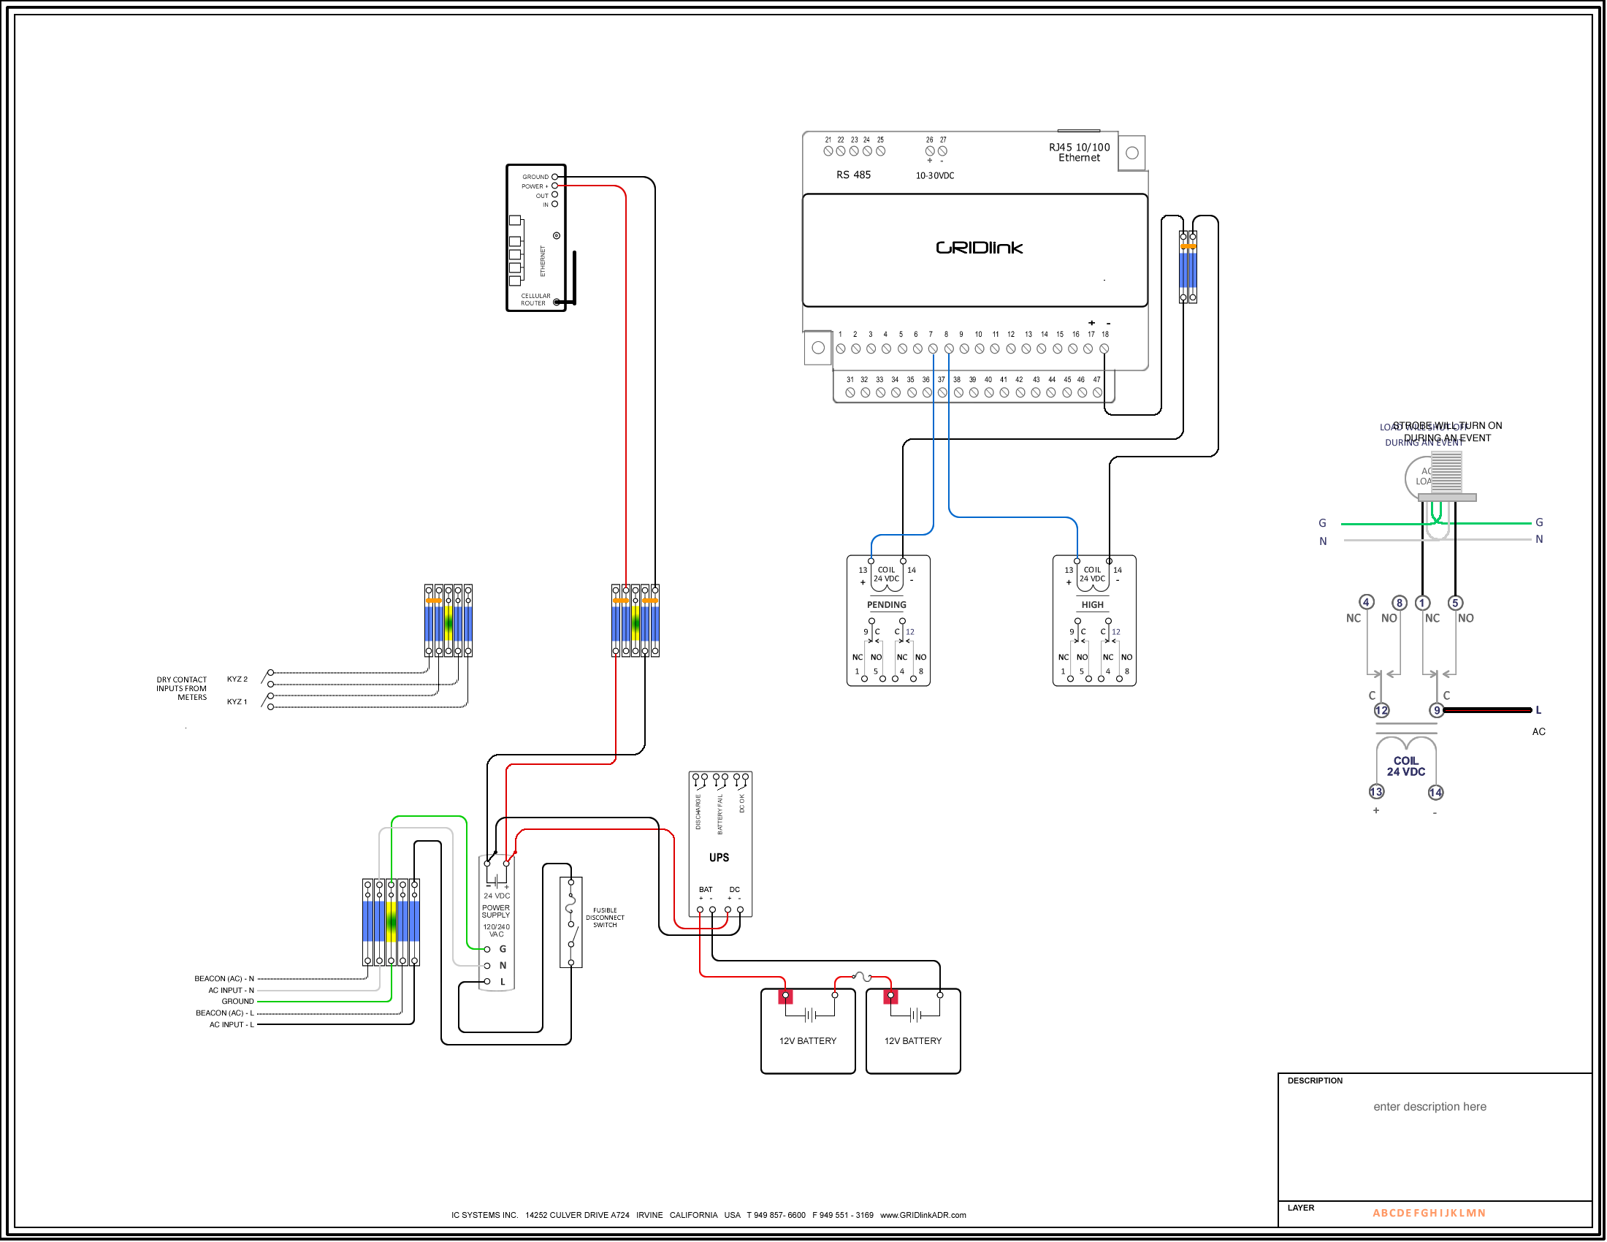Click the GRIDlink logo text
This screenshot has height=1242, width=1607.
click(980, 248)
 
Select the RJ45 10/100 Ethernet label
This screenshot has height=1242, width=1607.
click(1080, 152)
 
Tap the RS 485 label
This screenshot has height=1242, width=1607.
click(853, 175)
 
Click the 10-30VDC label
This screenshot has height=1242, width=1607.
click(935, 176)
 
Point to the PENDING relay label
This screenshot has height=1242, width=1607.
click(887, 605)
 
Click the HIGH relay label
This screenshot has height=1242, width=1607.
click(1093, 605)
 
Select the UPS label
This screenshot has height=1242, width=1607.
click(719, 858)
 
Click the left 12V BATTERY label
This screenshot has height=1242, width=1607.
click(808, 1041)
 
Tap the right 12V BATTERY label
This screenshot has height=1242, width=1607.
click(913, 1041)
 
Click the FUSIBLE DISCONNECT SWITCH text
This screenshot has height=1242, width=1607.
click(605, 918)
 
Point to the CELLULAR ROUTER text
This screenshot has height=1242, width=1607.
click(535, 300)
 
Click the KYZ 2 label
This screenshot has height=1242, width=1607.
click(237, 679)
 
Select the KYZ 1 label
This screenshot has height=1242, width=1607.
click(237, 702)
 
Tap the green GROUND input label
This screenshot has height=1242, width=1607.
click(237, 1002)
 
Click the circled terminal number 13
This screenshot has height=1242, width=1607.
click(1376, 793)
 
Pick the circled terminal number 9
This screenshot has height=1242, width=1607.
click(1436, 711)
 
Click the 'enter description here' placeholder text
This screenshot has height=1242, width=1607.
click(1429, 1107)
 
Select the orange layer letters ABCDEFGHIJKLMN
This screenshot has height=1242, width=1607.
click(1429, 1214)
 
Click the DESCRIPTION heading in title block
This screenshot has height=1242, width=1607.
click(1315, 1081)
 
